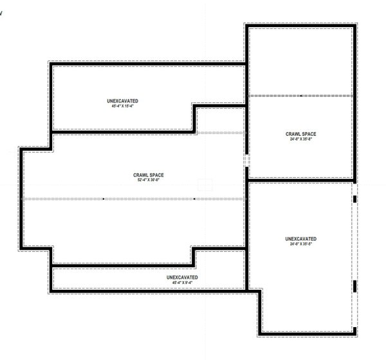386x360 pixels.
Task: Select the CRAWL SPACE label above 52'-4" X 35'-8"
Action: (148, 175)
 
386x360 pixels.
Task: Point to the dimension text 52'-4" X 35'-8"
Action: (148, 180)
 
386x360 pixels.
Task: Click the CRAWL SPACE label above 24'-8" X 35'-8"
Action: (301, 134)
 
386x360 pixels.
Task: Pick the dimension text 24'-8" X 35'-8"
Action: (301, 139)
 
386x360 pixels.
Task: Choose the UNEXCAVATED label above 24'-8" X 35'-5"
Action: (300, 239)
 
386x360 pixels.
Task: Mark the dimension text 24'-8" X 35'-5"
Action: (300, 244)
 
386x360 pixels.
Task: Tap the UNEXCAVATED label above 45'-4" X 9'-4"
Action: (182, 277)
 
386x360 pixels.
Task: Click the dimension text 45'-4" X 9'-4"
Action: (182, 282)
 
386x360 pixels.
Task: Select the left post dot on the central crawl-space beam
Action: (103, 199)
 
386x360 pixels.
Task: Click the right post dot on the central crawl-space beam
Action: (194, 199)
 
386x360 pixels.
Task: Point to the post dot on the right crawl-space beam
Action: (301, 95)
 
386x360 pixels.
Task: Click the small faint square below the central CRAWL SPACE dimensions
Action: (205, 185)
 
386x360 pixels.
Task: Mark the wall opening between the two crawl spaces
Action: (246, 160)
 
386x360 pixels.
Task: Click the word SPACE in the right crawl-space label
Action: (308, 134)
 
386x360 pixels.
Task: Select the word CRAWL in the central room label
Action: (141, 175)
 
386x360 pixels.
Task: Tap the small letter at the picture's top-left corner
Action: (1, 12)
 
